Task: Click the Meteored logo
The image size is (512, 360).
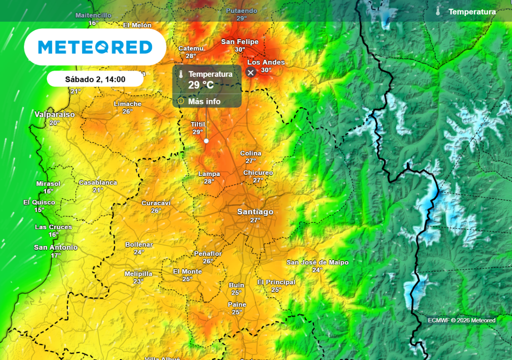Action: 95,47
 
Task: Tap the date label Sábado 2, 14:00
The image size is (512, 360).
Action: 95,79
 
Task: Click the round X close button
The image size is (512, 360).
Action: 251,72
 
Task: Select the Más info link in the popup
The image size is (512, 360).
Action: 204,101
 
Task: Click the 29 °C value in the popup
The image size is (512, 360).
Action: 201,84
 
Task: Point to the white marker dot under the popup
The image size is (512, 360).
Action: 206,141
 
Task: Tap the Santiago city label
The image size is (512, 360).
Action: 255,212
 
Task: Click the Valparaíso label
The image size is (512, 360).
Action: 54,114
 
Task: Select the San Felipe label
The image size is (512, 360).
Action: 239,41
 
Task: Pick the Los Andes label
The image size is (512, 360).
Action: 266,62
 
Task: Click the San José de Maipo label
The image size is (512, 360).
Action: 317,262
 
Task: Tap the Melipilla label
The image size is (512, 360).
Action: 138,273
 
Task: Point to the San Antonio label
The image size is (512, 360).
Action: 55,247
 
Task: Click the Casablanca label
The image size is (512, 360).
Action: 98,182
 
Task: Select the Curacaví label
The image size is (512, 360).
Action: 156,203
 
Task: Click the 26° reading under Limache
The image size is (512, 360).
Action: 127,111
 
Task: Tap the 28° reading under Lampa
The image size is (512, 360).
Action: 209,181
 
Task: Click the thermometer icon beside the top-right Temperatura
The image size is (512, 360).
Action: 438,11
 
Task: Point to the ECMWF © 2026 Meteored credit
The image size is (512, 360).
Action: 461,320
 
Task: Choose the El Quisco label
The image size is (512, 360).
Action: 39,202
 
